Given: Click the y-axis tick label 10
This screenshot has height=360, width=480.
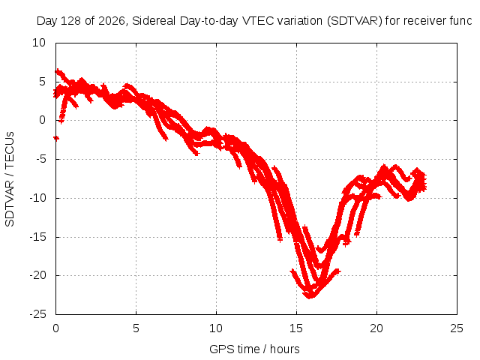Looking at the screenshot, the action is [x=39, y=43].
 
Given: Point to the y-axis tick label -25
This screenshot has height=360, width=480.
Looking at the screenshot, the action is [x=37, y=314].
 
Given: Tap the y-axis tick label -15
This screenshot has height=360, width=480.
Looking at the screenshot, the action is [x=37, y=237].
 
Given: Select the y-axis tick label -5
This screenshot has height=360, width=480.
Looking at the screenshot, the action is [x=40, y=159].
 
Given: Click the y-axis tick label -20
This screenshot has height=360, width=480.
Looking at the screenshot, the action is [x=37, y=275].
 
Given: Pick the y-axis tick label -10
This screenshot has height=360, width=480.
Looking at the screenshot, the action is [x=37, y=198].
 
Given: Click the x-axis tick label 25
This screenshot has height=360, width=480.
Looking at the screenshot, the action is [x=457, y=328].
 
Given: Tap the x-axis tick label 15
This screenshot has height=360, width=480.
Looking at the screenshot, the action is [x=296, y=328].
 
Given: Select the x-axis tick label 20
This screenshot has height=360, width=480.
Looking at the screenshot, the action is [x=376, y=328].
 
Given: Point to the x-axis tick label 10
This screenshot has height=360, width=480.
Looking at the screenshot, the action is [x=216, y=328].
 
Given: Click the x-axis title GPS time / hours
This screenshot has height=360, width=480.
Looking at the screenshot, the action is [x=254, y=349].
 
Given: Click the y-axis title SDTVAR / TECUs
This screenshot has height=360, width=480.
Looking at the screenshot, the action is [x=10, y=179].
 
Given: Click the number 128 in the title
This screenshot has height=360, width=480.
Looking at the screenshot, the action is [x=71, y=21].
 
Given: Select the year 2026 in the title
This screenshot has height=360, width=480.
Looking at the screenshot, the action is [x=112, y=21].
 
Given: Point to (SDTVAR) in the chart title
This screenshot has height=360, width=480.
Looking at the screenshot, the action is [x=355, y=21].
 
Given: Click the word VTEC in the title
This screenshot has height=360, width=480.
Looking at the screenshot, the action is [x=258, y=21].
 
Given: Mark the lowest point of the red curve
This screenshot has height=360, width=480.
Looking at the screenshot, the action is [x=310, y=297].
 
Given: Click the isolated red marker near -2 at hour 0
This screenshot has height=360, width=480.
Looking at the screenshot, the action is [x=56, y=138].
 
